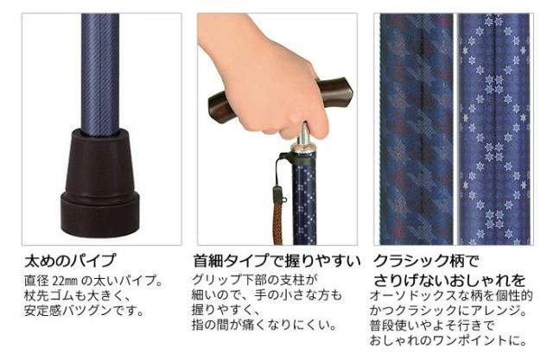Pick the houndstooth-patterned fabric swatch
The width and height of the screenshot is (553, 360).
[413, 129]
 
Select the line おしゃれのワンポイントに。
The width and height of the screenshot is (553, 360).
[448, 340]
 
